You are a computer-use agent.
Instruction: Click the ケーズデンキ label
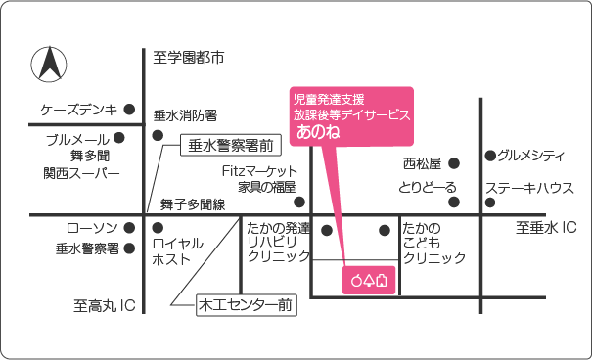tap(78, 110)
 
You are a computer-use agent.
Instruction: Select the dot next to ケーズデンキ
tap(130, 110)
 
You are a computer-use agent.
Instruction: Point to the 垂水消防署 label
tap(185, 115)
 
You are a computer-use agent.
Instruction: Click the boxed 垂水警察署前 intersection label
tap(230, 146)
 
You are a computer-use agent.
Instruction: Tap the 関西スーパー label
tap(81, 173)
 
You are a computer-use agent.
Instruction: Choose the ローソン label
tap(85, 228)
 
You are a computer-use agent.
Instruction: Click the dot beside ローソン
tap(130, 227)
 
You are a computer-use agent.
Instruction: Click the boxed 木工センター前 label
tap(246, 305)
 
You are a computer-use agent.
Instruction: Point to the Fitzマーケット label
tap(259, 171)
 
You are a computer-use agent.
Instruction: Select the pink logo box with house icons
tap(369, 280)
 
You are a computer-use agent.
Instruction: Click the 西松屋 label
tap(423, 163)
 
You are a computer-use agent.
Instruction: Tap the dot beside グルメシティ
tap(488, 155)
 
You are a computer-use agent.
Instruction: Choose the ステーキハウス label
tap(529, 188)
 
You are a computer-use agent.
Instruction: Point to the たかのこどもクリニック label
tap(434, 243)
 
